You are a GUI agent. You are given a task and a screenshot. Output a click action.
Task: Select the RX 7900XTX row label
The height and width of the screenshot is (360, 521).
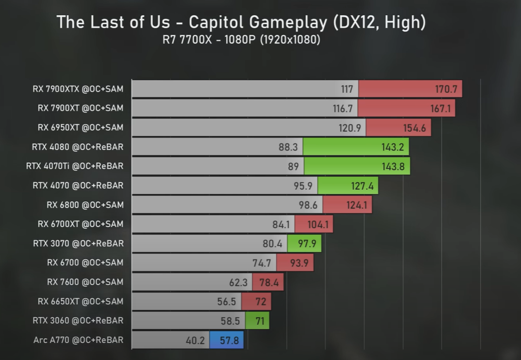[78, 89]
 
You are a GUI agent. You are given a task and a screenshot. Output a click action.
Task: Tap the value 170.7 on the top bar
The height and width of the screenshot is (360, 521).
[446, 89]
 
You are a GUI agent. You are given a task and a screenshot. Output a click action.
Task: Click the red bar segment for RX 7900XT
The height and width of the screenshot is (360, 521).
[406, 108]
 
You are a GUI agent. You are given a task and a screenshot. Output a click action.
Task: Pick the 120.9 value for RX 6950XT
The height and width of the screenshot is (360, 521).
[350, 128]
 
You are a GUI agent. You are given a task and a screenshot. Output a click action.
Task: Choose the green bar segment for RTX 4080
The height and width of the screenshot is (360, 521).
[355, 147]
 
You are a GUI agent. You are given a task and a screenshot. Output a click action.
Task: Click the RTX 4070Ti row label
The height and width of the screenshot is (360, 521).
[75, 166]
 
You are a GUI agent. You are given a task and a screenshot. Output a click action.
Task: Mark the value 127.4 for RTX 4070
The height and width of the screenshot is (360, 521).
[358, 185]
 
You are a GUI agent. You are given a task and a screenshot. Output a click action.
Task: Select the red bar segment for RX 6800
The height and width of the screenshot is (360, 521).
[347, 205]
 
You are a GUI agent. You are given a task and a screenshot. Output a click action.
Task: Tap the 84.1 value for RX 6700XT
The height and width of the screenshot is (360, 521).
[281, 224]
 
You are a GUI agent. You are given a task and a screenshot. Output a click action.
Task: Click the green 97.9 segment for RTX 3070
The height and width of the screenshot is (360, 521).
[304, 243]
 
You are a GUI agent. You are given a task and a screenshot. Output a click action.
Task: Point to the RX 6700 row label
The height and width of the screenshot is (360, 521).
[85, 262]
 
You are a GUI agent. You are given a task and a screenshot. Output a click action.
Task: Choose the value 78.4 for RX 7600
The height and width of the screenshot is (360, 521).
[268, 282]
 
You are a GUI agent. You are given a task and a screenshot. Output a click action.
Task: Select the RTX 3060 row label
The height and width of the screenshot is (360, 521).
[78, 321]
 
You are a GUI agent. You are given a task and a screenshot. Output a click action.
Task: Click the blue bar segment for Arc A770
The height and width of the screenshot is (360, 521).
[227, 340]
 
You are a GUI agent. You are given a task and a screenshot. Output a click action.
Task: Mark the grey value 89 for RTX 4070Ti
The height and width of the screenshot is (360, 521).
[293, 166]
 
